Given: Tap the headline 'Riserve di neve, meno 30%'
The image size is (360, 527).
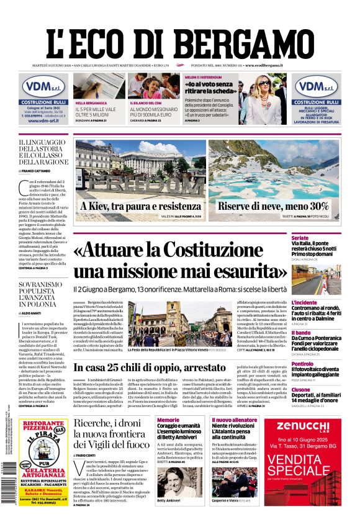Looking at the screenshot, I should click(273, 205).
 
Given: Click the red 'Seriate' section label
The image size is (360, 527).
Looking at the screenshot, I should click(300, 238).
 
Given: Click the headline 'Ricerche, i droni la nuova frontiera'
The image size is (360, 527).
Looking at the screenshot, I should click(111, 433).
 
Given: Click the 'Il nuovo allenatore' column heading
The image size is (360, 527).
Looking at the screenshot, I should click(234, 420).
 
